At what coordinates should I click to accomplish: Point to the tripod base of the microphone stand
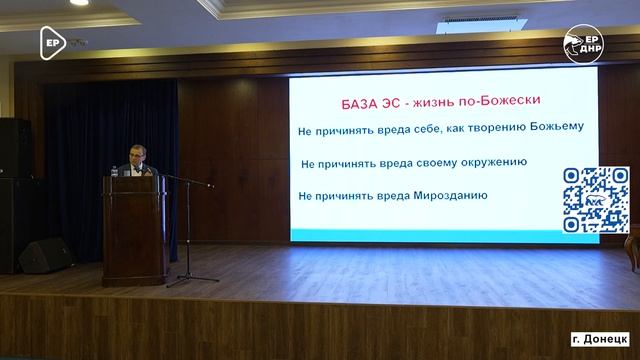(x=192, y=281)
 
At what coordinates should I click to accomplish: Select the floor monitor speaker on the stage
(x=44, y=256)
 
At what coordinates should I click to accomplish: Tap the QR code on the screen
(x=596, y=200)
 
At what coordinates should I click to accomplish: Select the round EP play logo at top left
(x=53, y=41)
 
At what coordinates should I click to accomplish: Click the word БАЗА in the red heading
(x=351, y=105)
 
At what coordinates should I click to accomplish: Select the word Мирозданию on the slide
(x=450, y=194)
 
